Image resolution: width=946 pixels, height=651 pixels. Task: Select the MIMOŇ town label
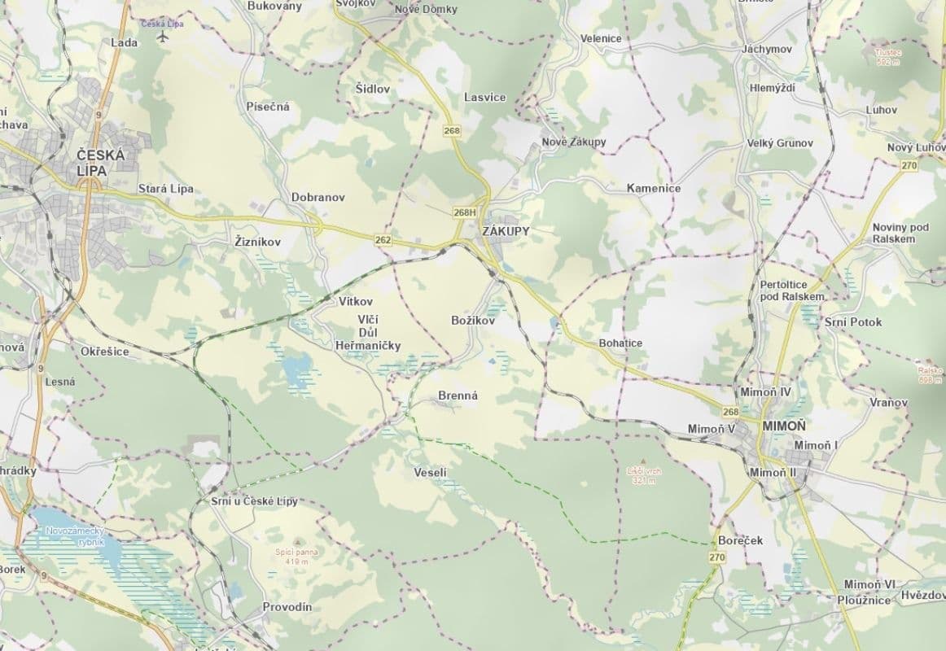click(785, 426)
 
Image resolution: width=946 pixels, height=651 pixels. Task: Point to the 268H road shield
click(464, 212)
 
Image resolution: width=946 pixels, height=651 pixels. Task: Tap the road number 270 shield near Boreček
click(716, 557)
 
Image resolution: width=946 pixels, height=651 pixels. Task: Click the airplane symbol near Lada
click(163, 37)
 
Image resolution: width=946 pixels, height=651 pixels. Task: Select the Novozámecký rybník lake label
click(72, 535)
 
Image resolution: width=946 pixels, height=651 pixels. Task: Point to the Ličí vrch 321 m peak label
click(643, 475)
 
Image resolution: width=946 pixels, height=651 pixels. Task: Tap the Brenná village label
click(458, 395)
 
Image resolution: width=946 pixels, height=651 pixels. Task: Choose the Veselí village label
click(431, 473)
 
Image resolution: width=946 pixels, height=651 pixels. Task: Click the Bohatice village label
click(620, 343)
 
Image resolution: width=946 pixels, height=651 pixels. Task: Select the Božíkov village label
click(473, 321)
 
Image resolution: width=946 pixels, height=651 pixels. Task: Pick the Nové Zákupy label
click(574, 142)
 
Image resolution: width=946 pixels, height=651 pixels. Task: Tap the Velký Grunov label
click(780, 143)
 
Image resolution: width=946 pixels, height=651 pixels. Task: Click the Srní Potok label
click(852, 321)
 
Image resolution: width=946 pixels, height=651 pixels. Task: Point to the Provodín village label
click(287, 607)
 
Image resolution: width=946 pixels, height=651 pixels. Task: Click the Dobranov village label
click(318, 197)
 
